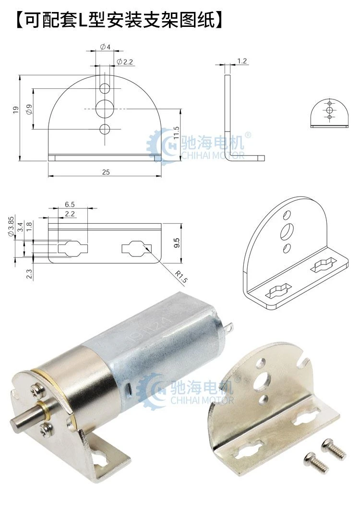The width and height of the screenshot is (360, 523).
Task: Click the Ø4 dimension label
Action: (x=105, y=47)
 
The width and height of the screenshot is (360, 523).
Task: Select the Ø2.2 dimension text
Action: (x=125, y=61)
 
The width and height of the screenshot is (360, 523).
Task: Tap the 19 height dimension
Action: (x=16, y=110)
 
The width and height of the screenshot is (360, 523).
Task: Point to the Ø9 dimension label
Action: (x=29, y=109)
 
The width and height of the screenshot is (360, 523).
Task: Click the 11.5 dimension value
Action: (x=176, y=133)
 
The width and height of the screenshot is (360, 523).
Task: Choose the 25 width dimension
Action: (x=106, y=172)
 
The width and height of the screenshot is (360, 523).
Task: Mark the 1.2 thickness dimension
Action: (x=242, y=61)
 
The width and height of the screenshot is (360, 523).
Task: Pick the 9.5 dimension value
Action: (x=177, y=243)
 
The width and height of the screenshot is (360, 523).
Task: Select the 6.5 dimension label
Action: (x=70, y=204)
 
